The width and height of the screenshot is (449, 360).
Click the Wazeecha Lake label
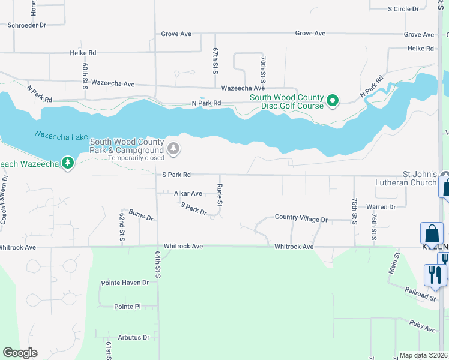pyautogui.click(x=61, y=135)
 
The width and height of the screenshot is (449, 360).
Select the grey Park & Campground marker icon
pyautogui.click(x=173, y=148)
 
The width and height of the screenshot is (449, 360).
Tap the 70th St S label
pyautogui.click(x=263, y=70)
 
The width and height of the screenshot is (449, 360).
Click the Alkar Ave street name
pyautogui.click(x=188, y=193)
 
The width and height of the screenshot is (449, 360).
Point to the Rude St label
pyautogui.click(x=220, y=196)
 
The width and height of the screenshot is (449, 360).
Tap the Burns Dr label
pyautogui.click(x=141, y=215)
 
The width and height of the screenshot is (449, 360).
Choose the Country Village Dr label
pyautogui.click(x=301, y=219)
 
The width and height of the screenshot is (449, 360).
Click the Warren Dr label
pyautogui.click(x=381, y=207)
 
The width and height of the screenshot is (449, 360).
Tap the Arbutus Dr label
pyautogui.click(x=133, y=338)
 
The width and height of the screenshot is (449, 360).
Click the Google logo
pyautogui.click(x=20, y=353)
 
